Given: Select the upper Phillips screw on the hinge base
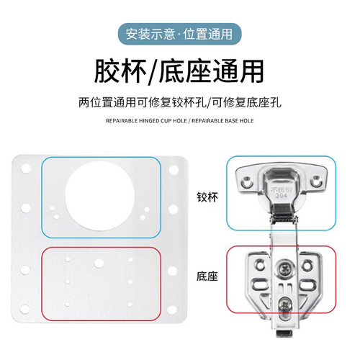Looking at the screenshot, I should (x=280, y=271).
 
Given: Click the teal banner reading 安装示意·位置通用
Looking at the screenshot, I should (x=179, y=35).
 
